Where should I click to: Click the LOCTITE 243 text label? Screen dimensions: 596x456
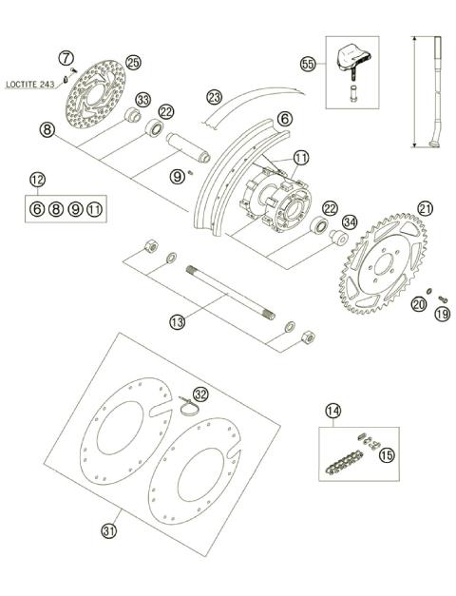pyautogui.click(x=31, y=85)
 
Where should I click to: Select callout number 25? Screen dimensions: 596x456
pyautogui.click(x=133, y=63)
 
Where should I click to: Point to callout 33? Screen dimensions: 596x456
pyautogui.click(x=143, y=99)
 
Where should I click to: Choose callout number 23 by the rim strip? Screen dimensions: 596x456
pyautogui.click(x=215, y=96)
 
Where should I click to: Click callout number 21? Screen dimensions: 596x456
pyautogui.click(x=425, y=208)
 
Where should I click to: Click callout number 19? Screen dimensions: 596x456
pyautogui.click(x=441, y=313)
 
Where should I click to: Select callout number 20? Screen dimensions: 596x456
pyautogui.click(x=419, y=304)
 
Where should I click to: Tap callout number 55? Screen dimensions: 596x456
pyautogui.click(x=307, y=64)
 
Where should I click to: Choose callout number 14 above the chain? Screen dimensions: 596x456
pyautogui.click(x=332, y=411)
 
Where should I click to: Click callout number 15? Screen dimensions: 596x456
pyautogui.click(x=387, y=456)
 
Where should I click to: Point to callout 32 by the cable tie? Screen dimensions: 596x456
pyautogui.click(x=200, y=394)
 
